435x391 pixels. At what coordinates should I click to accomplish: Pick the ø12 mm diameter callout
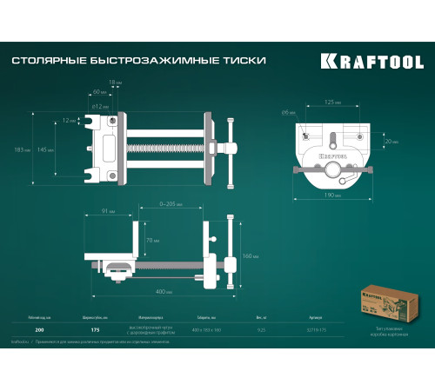98,105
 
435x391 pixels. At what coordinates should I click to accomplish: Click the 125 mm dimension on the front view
330,103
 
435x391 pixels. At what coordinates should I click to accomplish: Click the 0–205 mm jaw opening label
170,203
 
